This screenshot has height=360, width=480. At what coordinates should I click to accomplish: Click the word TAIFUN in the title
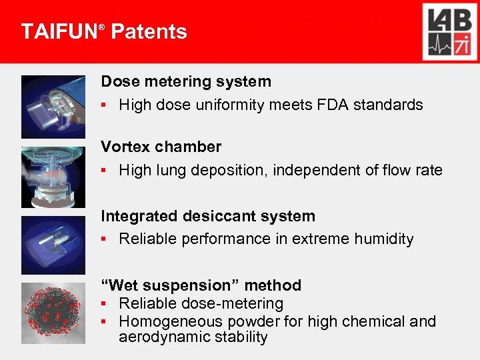point(59,31)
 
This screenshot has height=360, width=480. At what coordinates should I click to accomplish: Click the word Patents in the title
point(149,31)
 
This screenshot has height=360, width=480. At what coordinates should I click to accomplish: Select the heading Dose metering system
point(186,81)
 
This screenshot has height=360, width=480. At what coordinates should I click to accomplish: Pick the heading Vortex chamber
point(161,147)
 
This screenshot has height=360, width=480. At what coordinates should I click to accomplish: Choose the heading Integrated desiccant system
point(208,216)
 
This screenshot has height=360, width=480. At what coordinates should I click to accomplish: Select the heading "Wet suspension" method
point(201,285)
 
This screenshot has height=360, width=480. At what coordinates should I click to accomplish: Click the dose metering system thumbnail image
point(53,107)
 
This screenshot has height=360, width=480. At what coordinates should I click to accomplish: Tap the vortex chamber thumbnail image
point(53,177)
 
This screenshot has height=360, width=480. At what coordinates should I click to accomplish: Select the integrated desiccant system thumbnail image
point(53,245)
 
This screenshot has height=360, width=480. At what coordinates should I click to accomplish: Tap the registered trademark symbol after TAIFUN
point(102,26)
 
